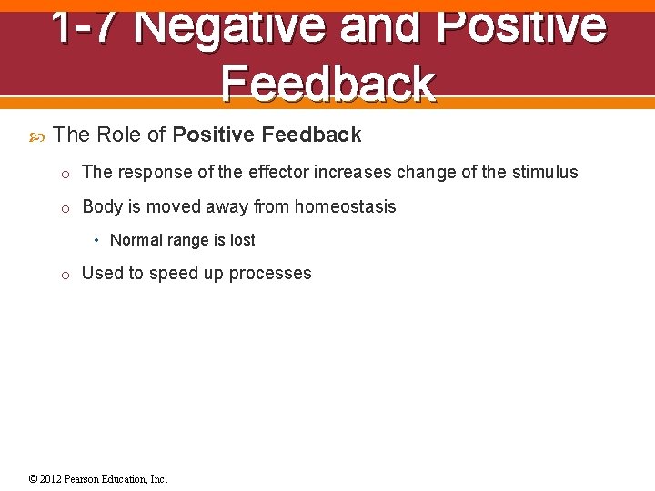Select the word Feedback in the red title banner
pos(327,83)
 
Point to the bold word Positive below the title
pos(213,135)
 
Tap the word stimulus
pos(542,173)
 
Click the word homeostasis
pos(345,206)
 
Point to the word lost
pos(241,240)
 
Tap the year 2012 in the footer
pos(52,479)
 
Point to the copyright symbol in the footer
pos(34,479)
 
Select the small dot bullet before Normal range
pos(96,241)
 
